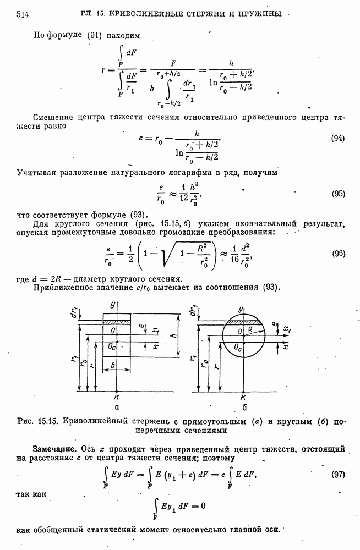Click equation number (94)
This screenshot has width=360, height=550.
tap(338, 139)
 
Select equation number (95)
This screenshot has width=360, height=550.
tap(338, 194)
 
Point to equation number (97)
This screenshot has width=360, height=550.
tap(338, 474)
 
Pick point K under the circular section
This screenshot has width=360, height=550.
tap(243, 398)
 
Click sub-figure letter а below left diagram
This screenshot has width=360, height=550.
tap(116, 408)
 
